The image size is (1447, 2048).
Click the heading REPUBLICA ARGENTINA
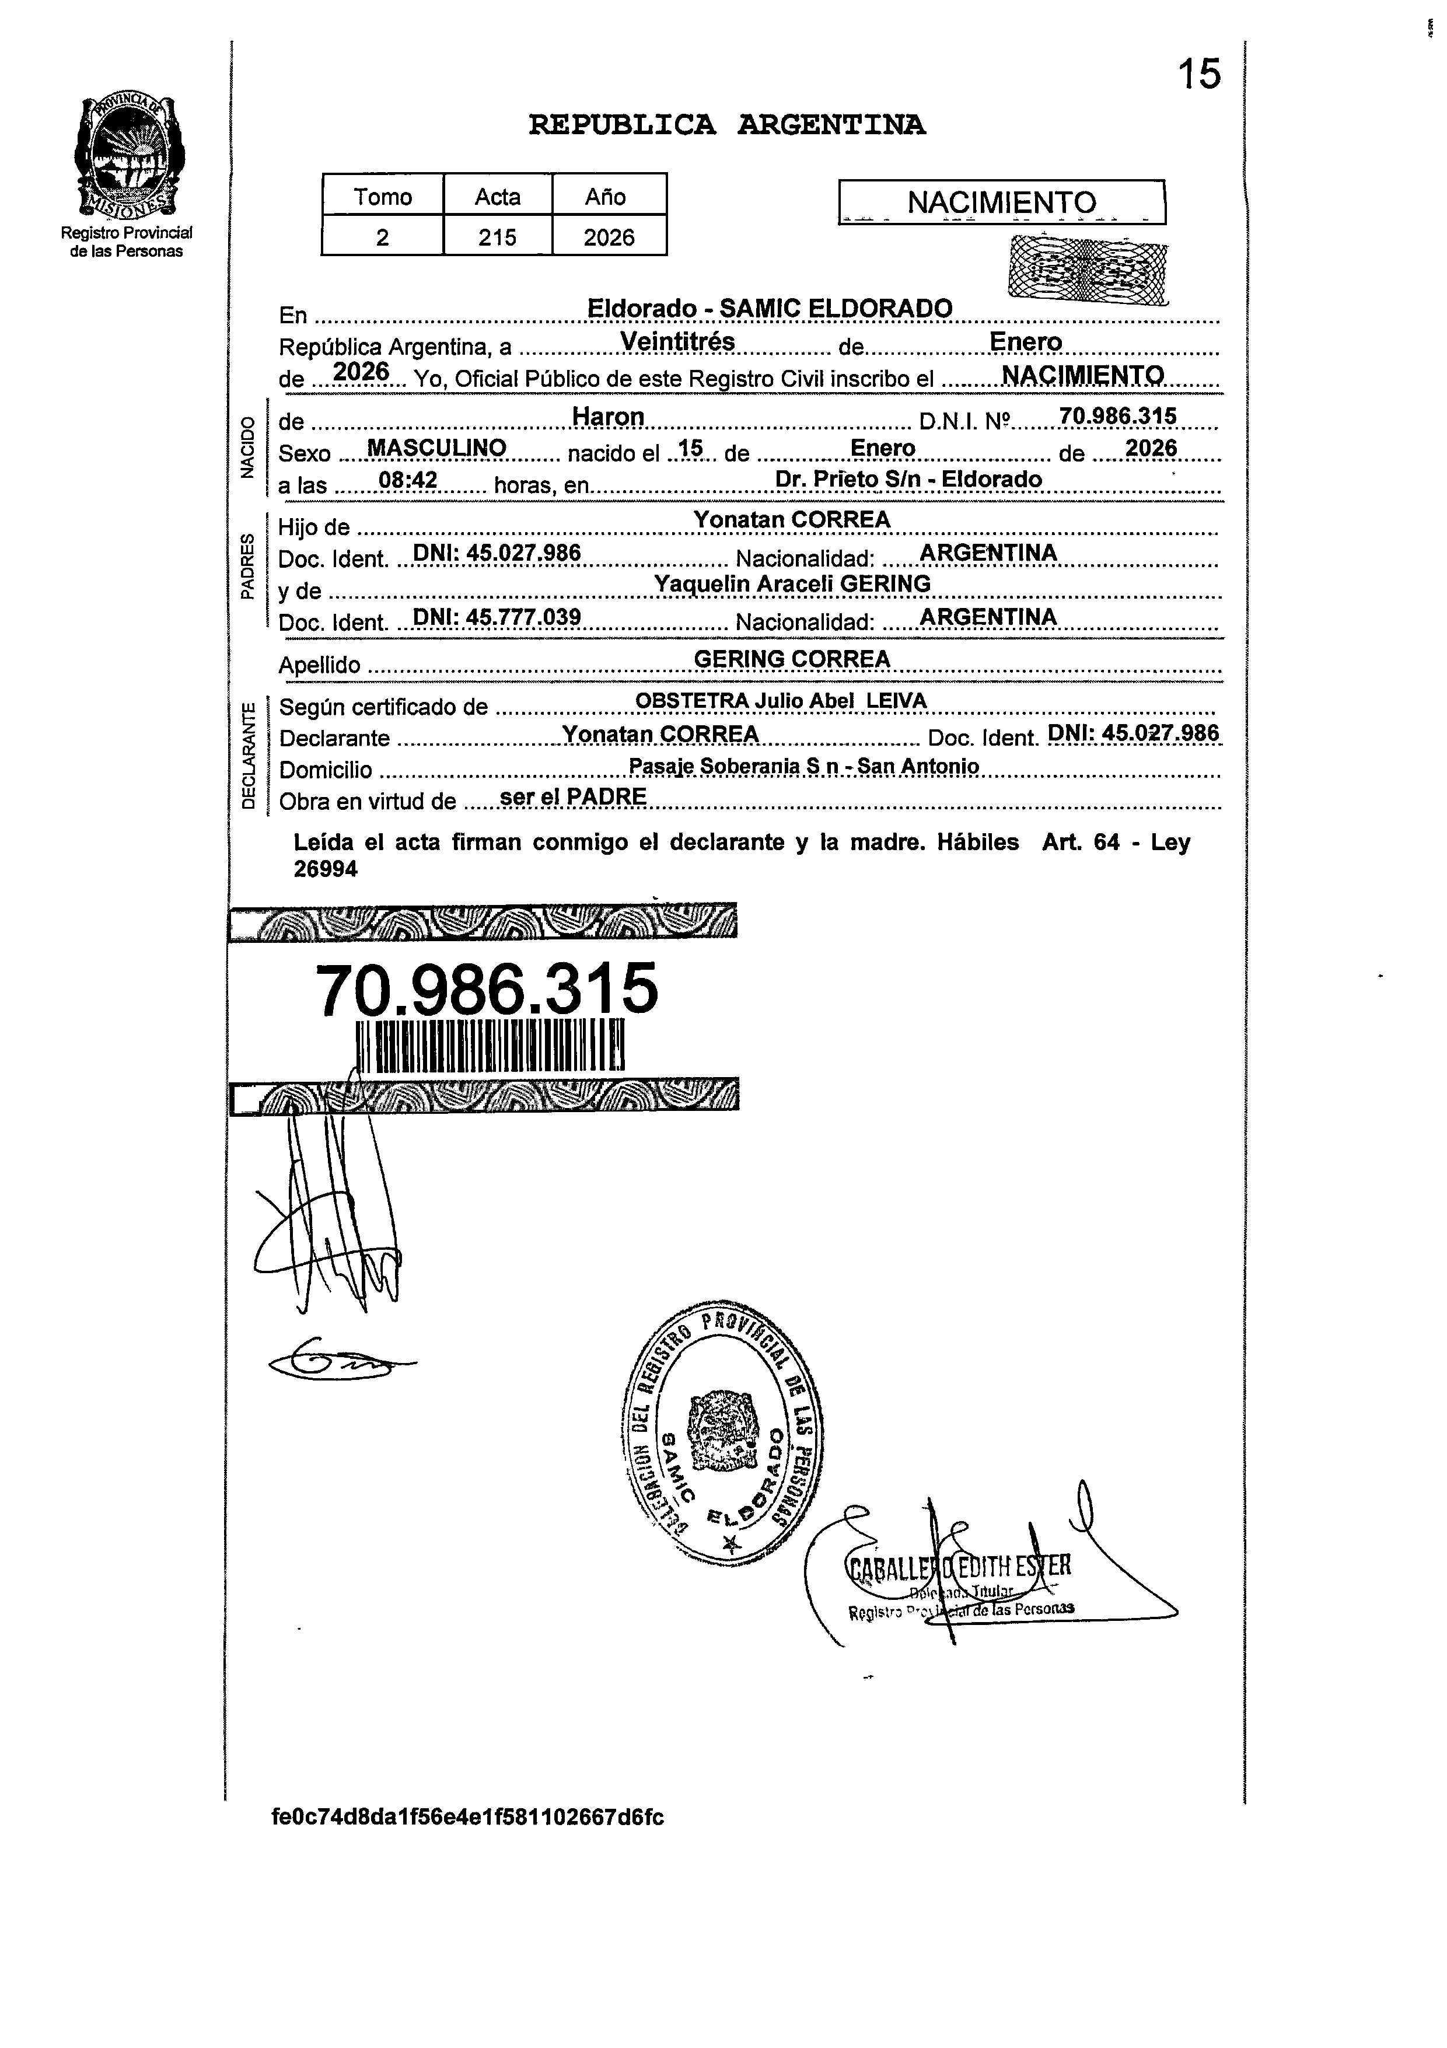click(726, 125)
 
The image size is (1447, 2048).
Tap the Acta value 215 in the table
click(497, 237)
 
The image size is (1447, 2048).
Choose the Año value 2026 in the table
click(609, 237)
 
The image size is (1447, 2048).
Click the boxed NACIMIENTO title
click(1001, 202)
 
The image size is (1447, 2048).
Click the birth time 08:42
click(408, 481)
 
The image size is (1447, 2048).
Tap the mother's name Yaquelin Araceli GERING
click(792, 583)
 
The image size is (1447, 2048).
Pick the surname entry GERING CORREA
click(791, 659)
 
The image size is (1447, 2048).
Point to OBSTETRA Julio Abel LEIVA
click(781, 701)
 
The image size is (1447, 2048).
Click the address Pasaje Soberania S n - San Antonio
click(803, 766)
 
